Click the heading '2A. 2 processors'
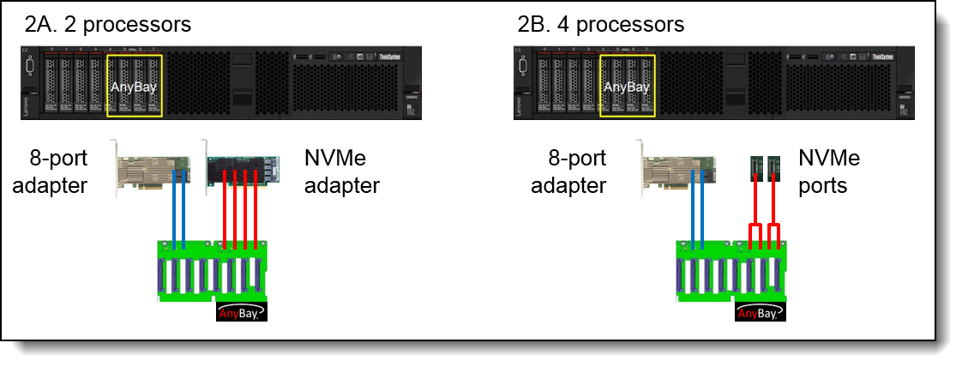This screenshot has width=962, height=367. point(108,23)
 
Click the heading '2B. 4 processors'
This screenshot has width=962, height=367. point(601,23)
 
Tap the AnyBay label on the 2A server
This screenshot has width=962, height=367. point(134,87)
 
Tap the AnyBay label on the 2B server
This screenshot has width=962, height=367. point(627,87)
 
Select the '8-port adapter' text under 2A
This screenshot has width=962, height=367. point(56,171)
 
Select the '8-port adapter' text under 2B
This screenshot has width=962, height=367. point(568,171)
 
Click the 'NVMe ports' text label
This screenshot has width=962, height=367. point(828,171)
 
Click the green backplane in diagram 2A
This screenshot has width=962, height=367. point(210,270)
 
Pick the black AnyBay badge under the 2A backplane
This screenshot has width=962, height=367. point(244,312)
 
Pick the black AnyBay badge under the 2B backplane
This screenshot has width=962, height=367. point(761,312)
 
